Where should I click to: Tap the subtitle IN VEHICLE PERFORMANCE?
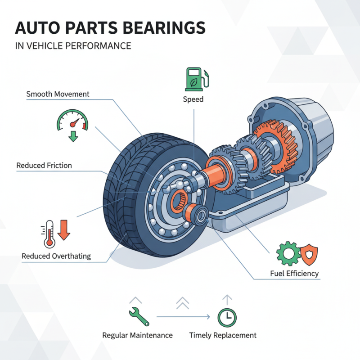point(73,46)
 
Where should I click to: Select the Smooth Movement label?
point(58,94)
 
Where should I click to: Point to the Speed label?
point(193,99)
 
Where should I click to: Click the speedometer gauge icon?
point(72,120)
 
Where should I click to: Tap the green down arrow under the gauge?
point(72,136)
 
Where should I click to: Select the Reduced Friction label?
point(44,165)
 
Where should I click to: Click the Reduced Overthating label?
point(56,256)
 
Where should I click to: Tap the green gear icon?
point(286,253)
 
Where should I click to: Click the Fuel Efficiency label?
point(295,273)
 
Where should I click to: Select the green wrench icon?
point(139,316)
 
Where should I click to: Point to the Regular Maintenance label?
point(137,335)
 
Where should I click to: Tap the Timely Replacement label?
point(223,335)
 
